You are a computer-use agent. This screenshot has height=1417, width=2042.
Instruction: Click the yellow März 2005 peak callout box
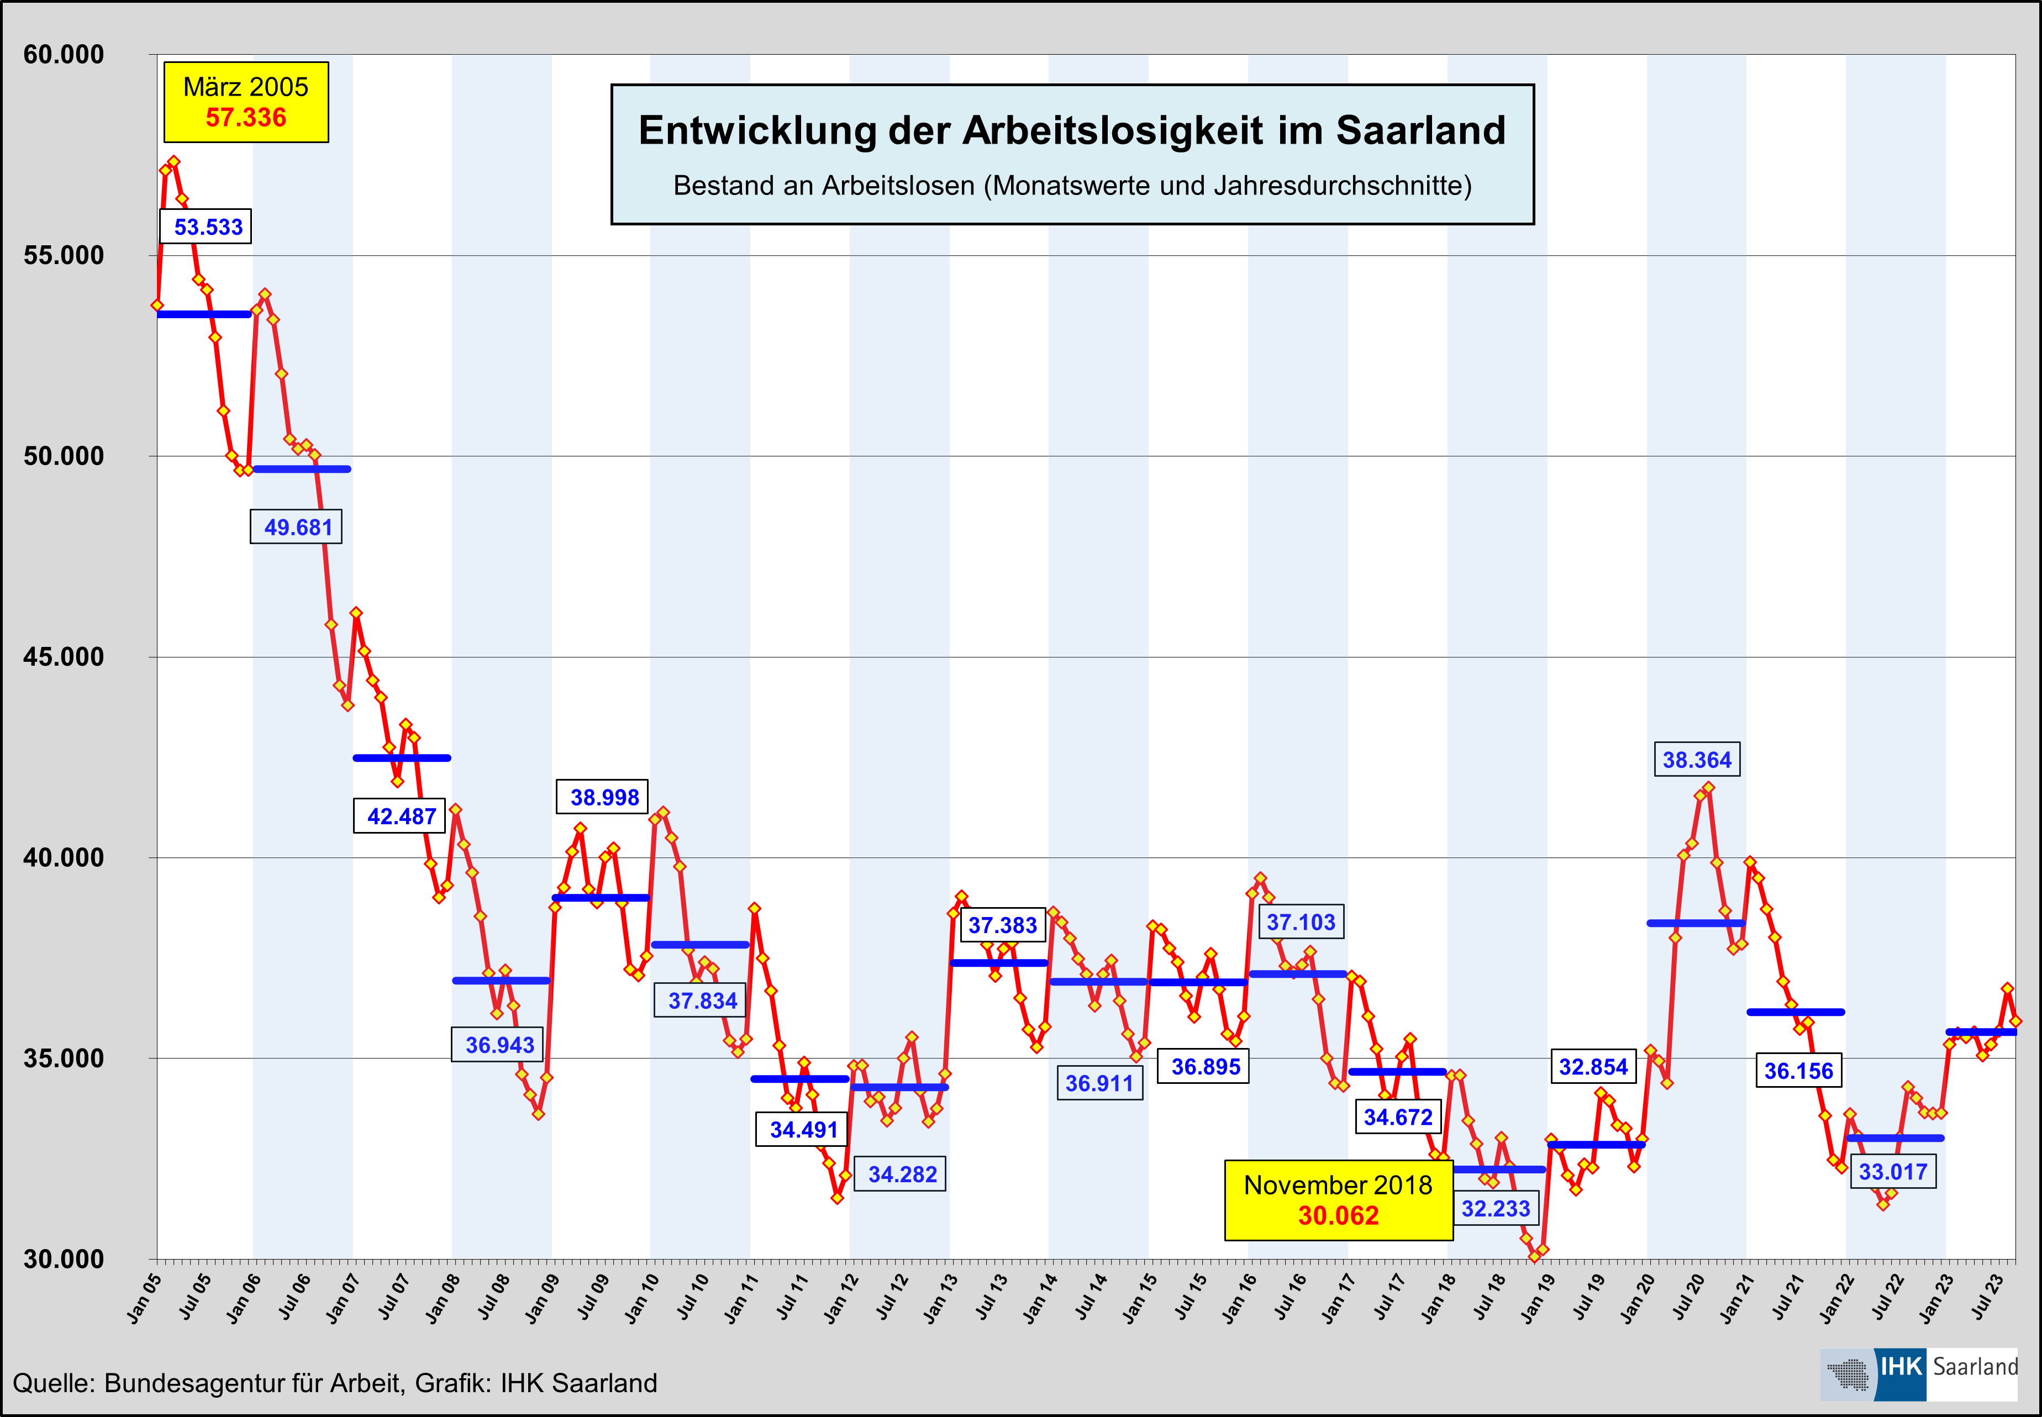(x=246, y=102)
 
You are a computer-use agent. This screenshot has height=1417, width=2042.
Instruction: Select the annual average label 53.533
(x=207, y=226)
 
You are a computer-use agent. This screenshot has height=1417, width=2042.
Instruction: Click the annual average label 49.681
(x=297, y=526)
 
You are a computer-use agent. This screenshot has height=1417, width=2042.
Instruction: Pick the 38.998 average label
(x=604, y=797)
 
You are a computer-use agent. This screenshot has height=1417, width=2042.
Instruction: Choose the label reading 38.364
(x=1696, y=759)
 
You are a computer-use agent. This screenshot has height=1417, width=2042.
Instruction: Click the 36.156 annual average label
(x=1798, y=1070)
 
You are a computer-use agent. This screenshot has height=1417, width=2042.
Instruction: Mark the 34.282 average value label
(x=901, y=1174)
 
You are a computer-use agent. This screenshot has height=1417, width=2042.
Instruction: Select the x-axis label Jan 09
(x=543, y=1298)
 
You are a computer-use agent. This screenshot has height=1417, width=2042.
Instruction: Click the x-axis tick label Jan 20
(x=1637, y=1298)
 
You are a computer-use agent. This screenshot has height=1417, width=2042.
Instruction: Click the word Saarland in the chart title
(x=1420, y=130)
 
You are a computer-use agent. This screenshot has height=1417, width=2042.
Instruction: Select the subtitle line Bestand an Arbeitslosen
(x=1072, y=186)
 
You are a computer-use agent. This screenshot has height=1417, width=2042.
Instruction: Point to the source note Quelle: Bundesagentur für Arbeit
(x=335, y=1382)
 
